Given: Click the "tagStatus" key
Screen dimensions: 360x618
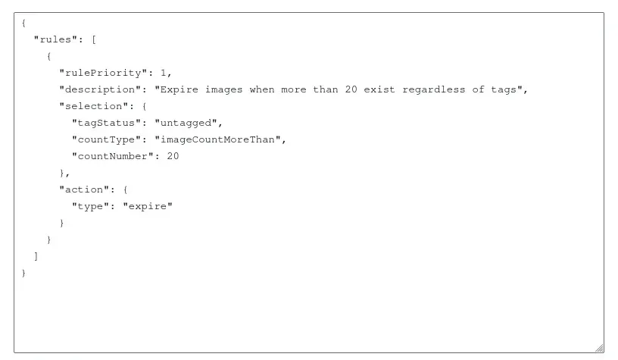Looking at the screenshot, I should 106,123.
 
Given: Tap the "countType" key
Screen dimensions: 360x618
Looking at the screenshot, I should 106,139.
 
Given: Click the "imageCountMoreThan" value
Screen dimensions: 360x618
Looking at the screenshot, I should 220,139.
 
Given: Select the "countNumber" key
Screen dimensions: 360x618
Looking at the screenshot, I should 109,156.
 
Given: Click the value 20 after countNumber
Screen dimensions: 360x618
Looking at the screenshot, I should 173,156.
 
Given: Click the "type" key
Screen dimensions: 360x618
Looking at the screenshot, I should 90,206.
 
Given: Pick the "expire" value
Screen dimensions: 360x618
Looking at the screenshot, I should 148,206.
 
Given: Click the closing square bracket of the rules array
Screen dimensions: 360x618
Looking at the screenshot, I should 36,256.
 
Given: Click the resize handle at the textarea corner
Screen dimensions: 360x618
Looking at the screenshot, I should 599,348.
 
